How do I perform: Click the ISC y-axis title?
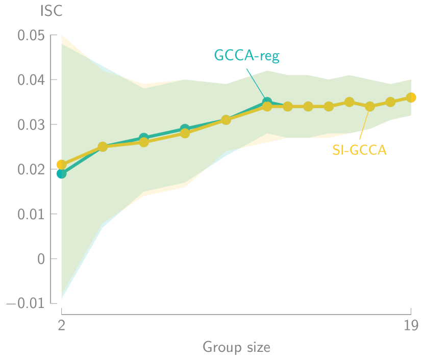point(51,11)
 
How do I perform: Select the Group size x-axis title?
point(236,347)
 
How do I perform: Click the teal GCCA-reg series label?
point(246,56)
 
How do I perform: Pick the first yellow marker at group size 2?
point(62,164)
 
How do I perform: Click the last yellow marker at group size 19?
point(411,97)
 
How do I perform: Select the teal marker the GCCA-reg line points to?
point(266,102)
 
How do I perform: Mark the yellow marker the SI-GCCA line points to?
point(370,107)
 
